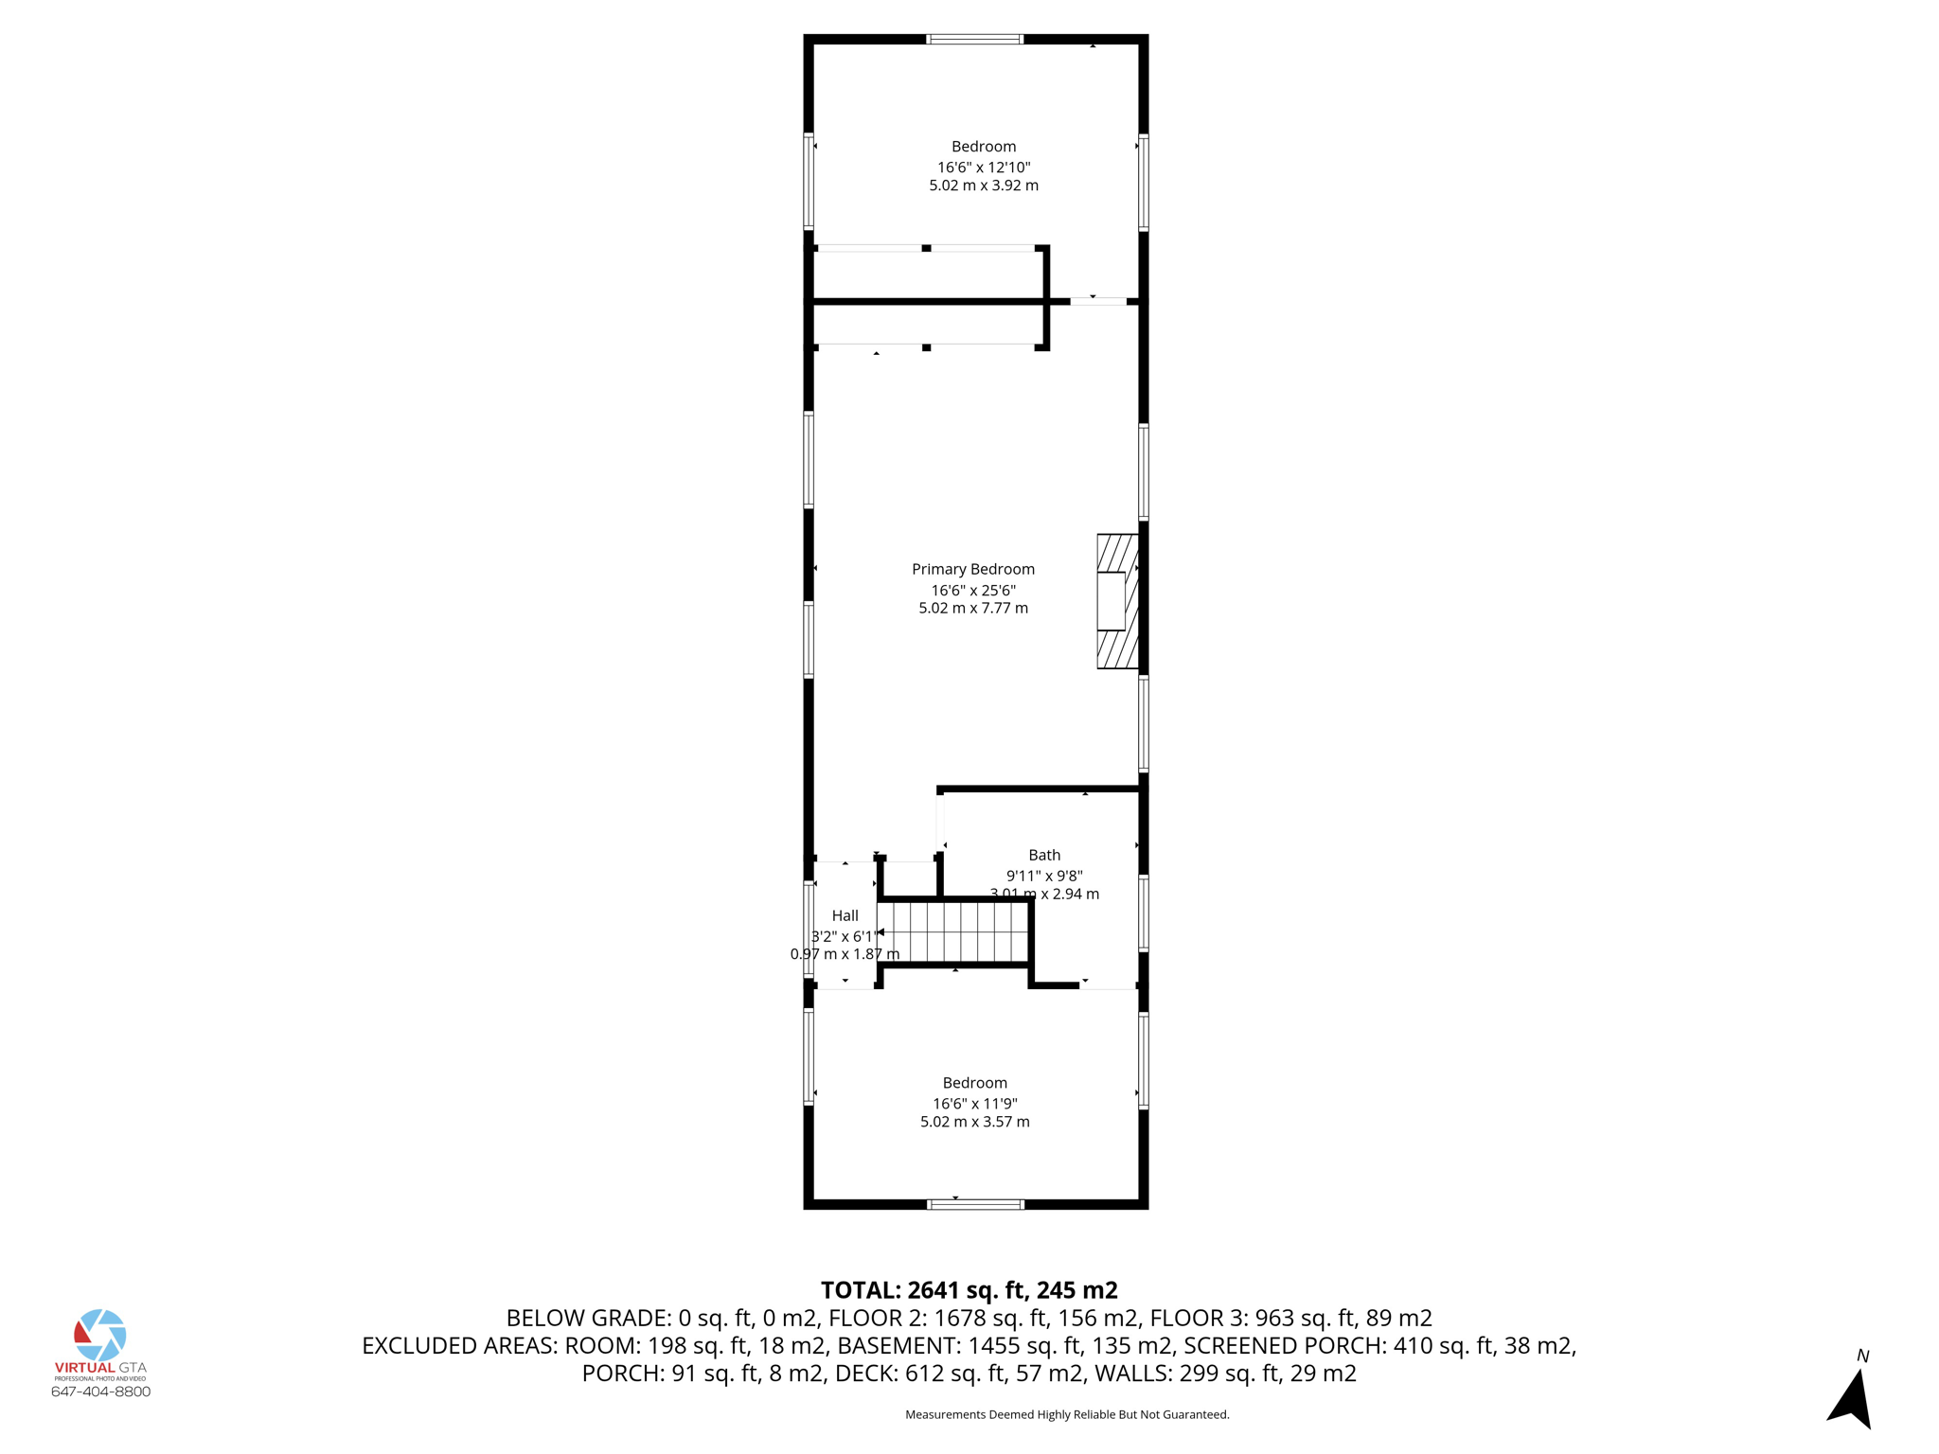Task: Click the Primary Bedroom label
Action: [972, 569]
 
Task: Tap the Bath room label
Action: [1044, 855]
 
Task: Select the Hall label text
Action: [845, 915]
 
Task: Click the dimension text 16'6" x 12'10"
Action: [984, 168]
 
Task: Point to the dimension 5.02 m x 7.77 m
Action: [972, 609]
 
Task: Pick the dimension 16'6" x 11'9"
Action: [974, 1104]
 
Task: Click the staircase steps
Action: [954, 931]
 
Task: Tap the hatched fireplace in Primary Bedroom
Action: [1117, 601]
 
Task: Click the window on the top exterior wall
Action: [974, 40]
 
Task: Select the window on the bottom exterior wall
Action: [975, 1204]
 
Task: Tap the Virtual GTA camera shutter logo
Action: [100, 1335]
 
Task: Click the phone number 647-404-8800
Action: [100, 1392]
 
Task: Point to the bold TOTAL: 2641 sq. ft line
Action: [969, 1290]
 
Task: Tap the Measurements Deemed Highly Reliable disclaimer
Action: [1067, 1414]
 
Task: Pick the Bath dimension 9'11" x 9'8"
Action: [1044, 876]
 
